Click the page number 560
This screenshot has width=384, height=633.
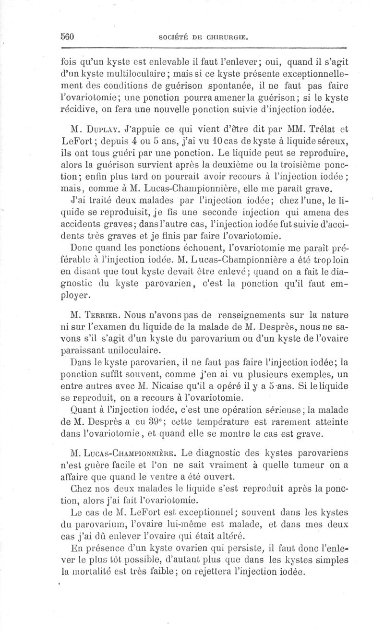click(x=69, y=36)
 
